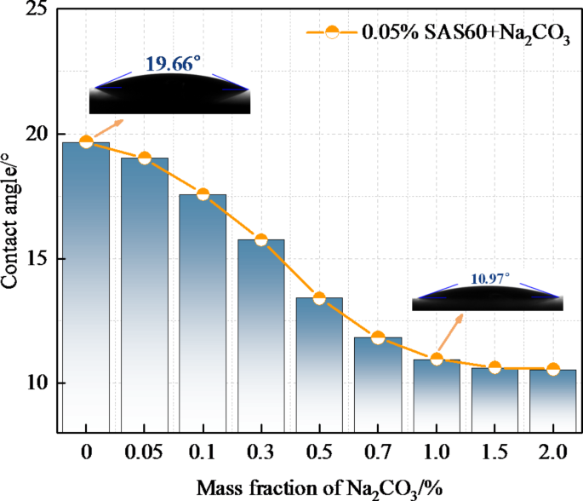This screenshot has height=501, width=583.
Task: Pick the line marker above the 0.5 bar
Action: [319, 298]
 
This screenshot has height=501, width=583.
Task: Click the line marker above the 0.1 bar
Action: [203, 194]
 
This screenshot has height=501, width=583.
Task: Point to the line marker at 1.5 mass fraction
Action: [494, 367]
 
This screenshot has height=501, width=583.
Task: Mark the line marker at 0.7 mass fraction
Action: [378, 338]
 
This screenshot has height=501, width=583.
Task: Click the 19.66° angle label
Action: [173, 63]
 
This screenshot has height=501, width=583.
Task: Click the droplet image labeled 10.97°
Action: [487, 297]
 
